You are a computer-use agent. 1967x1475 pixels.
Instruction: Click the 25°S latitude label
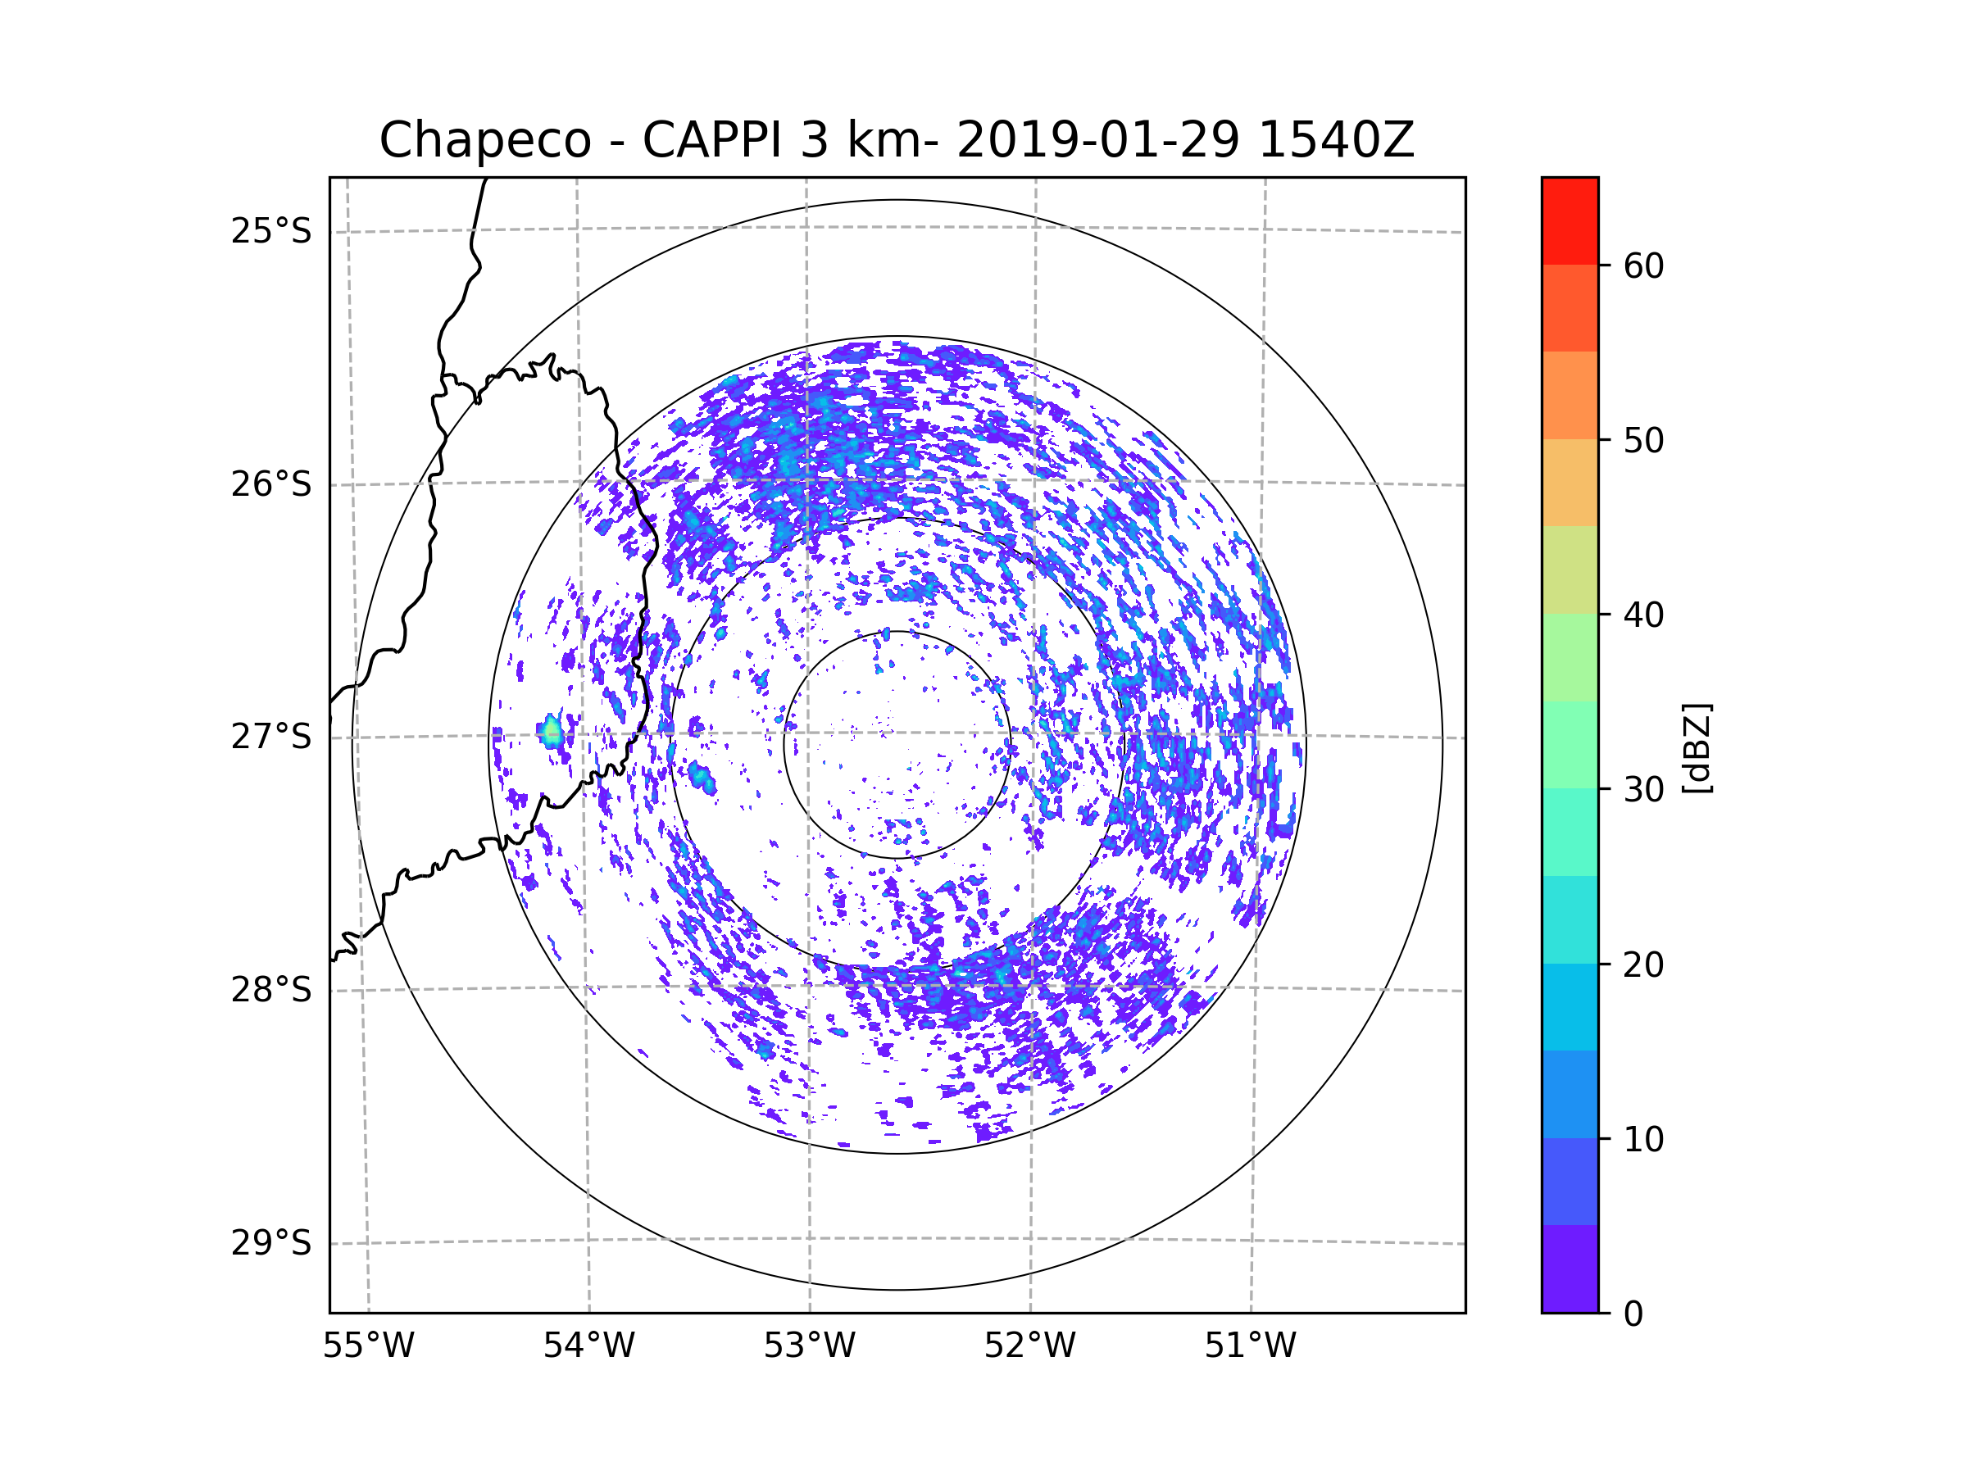click(271, 231)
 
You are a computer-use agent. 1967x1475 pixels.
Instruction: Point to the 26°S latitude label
click(271, 484)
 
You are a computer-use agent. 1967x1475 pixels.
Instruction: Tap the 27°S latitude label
click(271, 737)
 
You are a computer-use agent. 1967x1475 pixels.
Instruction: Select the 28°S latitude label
click(271, 990)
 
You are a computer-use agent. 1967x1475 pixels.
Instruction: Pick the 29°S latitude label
click(271, 1243)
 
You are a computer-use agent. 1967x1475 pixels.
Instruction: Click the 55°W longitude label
click(368, 1346)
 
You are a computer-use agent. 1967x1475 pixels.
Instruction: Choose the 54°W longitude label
click(588, 1346)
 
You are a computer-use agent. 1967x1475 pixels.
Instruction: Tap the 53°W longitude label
click(809, 1346)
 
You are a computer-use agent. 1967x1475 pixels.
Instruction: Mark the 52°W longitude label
click(1029, 1346)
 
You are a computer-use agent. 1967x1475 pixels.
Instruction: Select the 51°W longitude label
click(1250, 1346)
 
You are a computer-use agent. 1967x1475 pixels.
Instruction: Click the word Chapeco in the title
click(484, 140)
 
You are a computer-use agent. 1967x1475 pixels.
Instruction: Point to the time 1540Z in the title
click(1336, 140)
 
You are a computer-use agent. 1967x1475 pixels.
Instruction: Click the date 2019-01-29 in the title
click(1097, 140)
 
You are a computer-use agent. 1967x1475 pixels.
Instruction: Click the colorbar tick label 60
click(1643, 265)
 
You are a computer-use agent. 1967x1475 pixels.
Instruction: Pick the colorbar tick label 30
click(1643, 789)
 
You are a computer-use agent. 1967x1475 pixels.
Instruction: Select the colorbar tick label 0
click(1633, 1314)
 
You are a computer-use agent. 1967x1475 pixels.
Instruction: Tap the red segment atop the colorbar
click(1570, 220)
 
